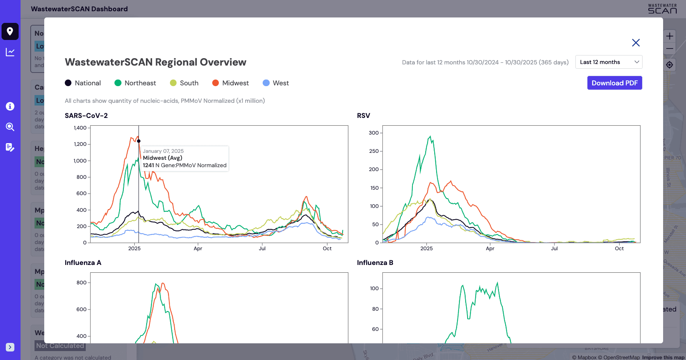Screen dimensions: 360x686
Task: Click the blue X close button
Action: coord(636,43)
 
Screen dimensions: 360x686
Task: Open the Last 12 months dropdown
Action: coord(608,62)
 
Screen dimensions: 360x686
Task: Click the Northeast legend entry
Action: coord(135,83)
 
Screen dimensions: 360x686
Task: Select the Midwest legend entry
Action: coord(231,83)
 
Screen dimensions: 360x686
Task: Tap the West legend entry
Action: coord(276,83)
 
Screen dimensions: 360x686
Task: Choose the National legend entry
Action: coord(83,83)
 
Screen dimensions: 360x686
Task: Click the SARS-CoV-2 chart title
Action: coord(86,116)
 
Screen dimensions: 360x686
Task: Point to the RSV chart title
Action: coord(364,116)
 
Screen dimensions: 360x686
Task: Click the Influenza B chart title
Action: coord(375,263)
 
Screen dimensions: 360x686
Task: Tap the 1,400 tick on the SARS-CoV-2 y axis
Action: coord(80,128)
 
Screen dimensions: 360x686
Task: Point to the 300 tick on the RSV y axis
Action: coord(374,133)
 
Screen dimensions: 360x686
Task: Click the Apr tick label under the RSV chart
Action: coord(490,249)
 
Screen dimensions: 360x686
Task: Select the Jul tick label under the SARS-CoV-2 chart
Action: coord(262,249)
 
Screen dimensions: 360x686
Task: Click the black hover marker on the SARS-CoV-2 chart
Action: coord(139,141)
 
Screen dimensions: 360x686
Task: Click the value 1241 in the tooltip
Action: coord(148,165)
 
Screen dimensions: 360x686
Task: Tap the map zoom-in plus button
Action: coord(669,36)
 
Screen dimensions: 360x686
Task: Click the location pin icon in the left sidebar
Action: coord(10,31)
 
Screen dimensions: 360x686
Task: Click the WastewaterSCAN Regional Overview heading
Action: coord(156,62)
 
